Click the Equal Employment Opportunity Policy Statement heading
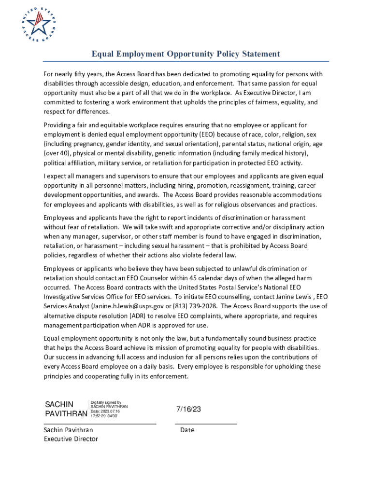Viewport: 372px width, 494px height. coord(186,54)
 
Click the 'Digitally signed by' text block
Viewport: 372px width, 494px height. coord(109,409)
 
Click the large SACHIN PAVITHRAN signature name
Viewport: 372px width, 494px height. coord(66,409)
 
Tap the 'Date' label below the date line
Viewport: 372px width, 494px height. coord(187,430)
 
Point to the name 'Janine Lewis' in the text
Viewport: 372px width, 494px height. coord(291,297)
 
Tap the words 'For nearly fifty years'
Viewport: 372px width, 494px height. coord(73,74)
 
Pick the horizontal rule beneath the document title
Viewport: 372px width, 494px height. coord(186,61)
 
